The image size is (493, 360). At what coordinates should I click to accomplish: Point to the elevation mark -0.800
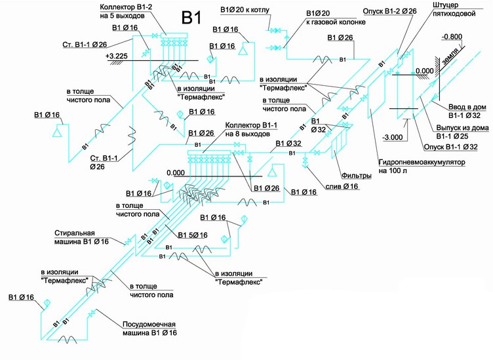pos(452,37)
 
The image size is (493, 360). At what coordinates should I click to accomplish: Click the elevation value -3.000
pos(394,138)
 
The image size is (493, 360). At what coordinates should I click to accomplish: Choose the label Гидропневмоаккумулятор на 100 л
pos(420,165)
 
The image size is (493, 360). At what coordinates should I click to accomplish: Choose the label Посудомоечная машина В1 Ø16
pos(149,329)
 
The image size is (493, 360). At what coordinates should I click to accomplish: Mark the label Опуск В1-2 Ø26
pos(387,11)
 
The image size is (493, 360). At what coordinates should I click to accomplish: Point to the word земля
pos(450,61)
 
